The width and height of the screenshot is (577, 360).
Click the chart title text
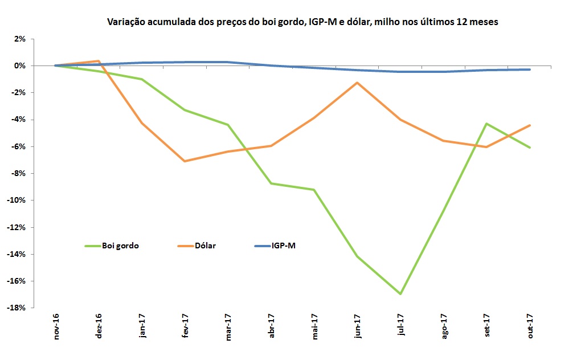click(303, 22)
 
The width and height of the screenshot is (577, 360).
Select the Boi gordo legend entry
click(120, 246)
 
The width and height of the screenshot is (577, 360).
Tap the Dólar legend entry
click(203, 246)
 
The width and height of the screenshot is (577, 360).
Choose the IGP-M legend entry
click(283, 246)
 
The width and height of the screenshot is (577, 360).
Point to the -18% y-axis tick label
click(17, 308)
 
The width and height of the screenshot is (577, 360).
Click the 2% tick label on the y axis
click(20, 39)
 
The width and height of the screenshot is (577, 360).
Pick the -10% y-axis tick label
click(17, 201)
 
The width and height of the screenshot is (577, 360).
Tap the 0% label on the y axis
click(20, 66)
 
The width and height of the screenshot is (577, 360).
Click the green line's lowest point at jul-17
click(402, 294)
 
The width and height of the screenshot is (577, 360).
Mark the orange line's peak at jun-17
click(358, 83)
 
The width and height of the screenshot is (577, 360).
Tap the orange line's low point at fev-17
click(185, 161)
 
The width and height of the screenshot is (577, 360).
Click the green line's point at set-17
click(487, 124)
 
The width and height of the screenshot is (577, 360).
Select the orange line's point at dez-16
click(99, 61)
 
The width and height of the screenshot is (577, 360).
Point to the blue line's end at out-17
click(530, 69)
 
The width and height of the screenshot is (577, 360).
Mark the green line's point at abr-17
click(272, 183)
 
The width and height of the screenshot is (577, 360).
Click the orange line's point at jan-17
click(142, 123)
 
